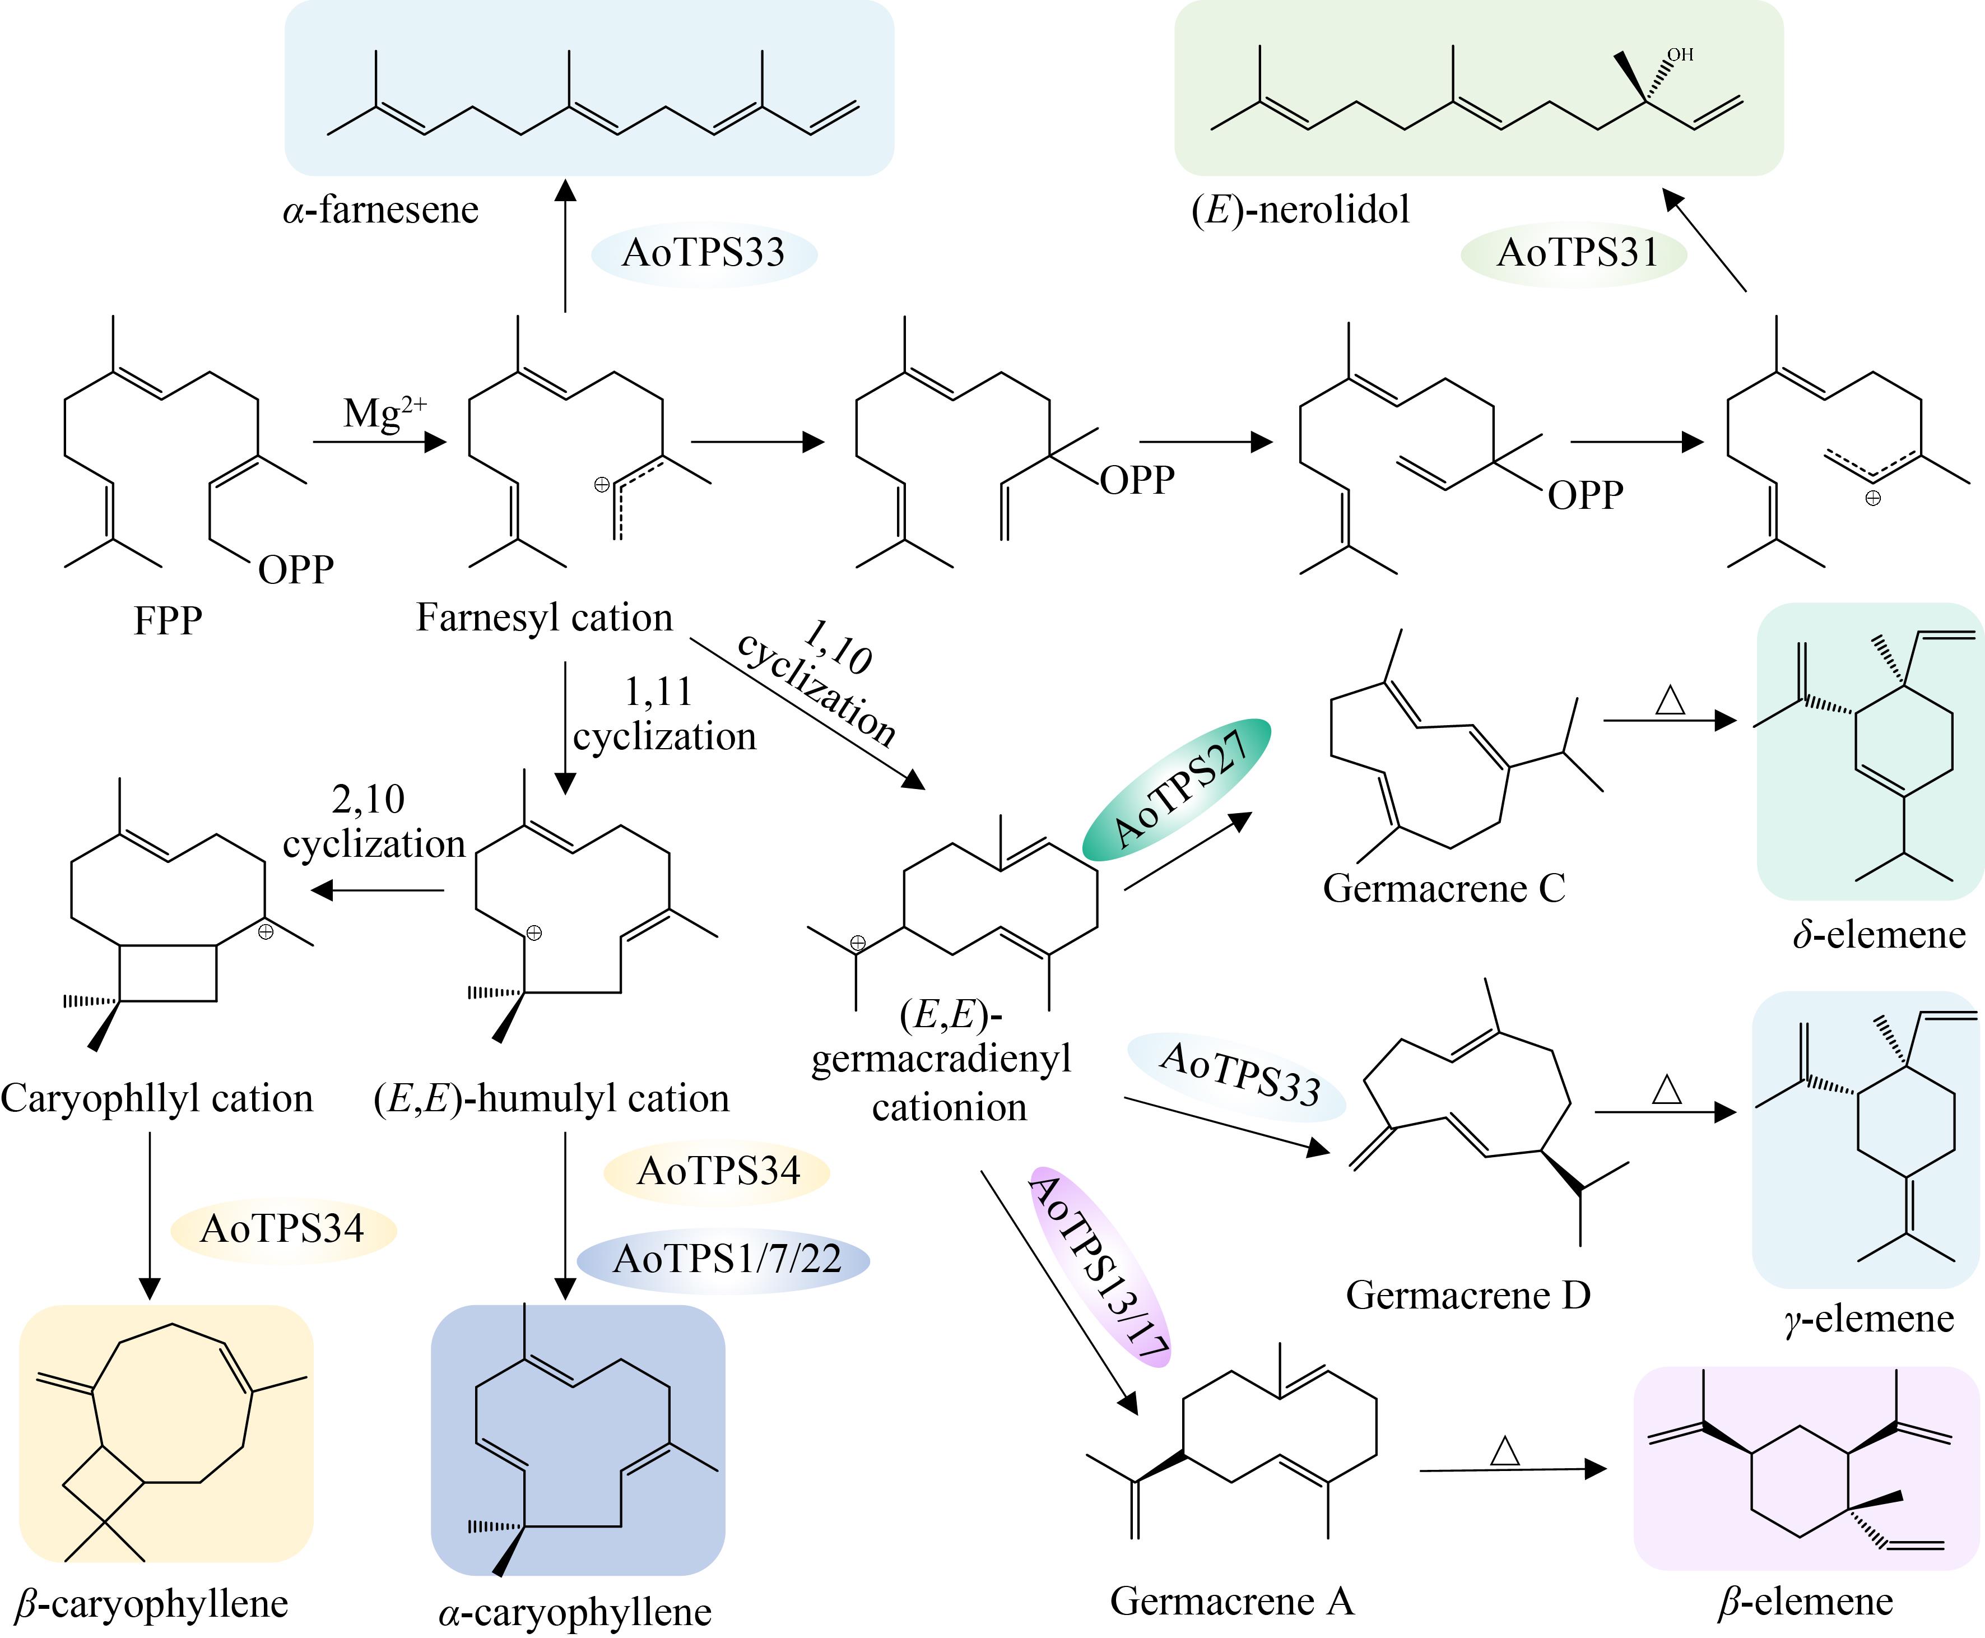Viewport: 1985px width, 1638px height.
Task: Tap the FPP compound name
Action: (x=168, y=621)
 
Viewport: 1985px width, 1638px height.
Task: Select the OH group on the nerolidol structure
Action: (x=1680, y=55)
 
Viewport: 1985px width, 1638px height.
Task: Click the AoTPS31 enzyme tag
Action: (x=1574, y=253)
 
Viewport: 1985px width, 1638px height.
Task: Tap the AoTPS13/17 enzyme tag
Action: (x=1100, y=1267)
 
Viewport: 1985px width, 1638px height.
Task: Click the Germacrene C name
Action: (x=1443, y=888)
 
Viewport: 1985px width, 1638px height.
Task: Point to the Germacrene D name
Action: (x=1468, y=1294)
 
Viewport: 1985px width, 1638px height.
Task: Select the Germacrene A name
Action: (x=1232, y=1600)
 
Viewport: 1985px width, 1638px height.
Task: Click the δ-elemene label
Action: (x=1879, y=934)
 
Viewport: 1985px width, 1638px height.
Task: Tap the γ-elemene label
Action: (x=1869, y=1318)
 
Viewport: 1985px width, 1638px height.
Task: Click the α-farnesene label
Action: (x=381, y=210)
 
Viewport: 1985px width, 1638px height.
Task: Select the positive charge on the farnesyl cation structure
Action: (x=601, y=485)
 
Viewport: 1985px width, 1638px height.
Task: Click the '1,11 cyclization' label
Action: (x=664, y=714)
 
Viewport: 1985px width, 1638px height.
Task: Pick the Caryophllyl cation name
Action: (x=157, y=1098)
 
